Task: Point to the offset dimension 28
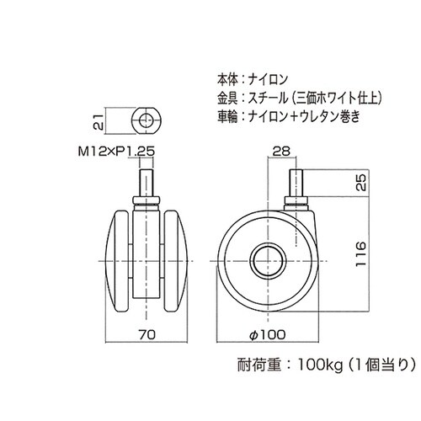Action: [x=281, y=152]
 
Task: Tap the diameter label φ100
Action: [x=269, y=334]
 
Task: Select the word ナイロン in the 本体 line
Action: [x=268, y=80]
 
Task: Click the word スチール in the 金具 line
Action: [x=269, y=98]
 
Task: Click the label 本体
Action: [x=227, y=80]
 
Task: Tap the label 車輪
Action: [x=227, y=116]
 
